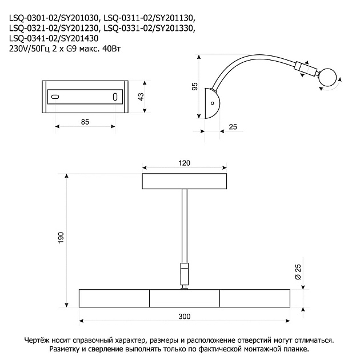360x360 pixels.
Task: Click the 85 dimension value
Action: [85, 122]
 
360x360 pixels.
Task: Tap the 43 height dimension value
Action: [141, 97]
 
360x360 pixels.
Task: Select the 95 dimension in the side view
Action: [195, 86]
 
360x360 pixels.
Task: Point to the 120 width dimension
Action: [185, 163]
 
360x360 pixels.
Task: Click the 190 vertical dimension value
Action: [61, 238]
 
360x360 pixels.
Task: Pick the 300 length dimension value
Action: [185, 317]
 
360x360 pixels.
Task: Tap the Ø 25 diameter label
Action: [298, 272]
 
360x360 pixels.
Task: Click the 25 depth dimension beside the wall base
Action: [233, 127]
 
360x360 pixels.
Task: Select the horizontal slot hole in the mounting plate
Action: [55, 97]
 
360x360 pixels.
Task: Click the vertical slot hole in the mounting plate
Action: [115, 97]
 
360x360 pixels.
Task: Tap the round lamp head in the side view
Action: [327, 77]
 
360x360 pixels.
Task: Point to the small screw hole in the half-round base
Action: [213, 103]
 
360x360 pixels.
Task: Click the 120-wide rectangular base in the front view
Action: [185, 181]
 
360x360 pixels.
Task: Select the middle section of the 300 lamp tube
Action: [185, 298]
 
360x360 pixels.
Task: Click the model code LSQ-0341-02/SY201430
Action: [54, 38]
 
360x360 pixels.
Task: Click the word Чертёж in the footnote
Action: [37, 340]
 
